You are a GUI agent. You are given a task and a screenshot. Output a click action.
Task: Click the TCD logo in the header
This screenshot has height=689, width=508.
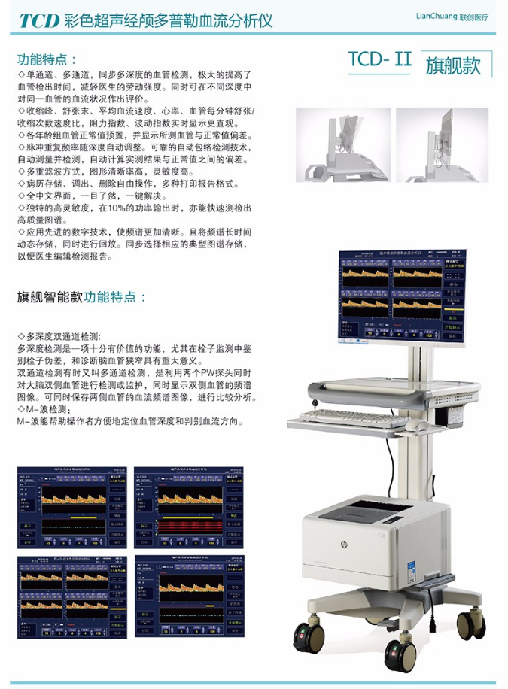click(40, 20)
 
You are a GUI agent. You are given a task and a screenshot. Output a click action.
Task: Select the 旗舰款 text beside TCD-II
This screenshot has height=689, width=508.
click(452, 65)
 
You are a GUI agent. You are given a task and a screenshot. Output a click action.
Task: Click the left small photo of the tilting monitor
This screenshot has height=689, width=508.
click(342, 144)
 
